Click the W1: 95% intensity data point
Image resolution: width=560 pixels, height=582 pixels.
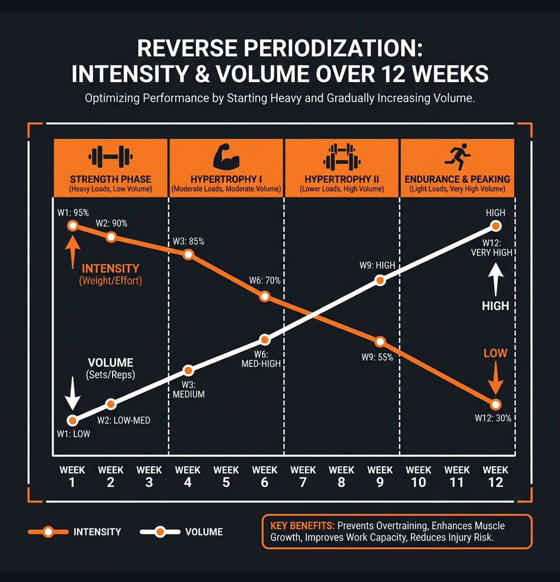(x=72, y=226)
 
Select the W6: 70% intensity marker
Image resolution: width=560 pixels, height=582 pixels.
(x=264, y=296)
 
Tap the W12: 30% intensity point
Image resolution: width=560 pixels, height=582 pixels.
(x=496, y=405)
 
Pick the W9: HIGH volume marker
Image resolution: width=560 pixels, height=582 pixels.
(x=380, y=281)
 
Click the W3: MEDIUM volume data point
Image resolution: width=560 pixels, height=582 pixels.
(x=189, y=371)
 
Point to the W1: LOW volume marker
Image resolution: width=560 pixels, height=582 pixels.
(x=72, y=420)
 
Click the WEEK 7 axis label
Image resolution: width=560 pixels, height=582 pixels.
(x=303, y=476)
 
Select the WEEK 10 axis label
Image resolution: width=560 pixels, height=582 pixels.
(x=418, y=476)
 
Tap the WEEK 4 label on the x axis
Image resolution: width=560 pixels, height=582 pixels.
(x=188, y=476)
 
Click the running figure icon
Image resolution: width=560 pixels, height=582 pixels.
(x=458, y=157)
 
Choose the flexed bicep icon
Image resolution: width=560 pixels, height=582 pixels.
(x=226, y=157)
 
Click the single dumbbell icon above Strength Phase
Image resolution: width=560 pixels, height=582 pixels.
(x=111, y=157)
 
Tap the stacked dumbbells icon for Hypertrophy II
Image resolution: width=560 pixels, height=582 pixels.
(x=342, y=157)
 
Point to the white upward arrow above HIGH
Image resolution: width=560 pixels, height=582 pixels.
(x=496, y=280)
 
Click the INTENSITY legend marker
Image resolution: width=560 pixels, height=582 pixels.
(x=48, y=532)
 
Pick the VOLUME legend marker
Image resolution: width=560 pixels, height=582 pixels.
(x=160, y=532)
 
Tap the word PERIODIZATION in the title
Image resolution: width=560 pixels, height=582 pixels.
(x=333, y=48)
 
